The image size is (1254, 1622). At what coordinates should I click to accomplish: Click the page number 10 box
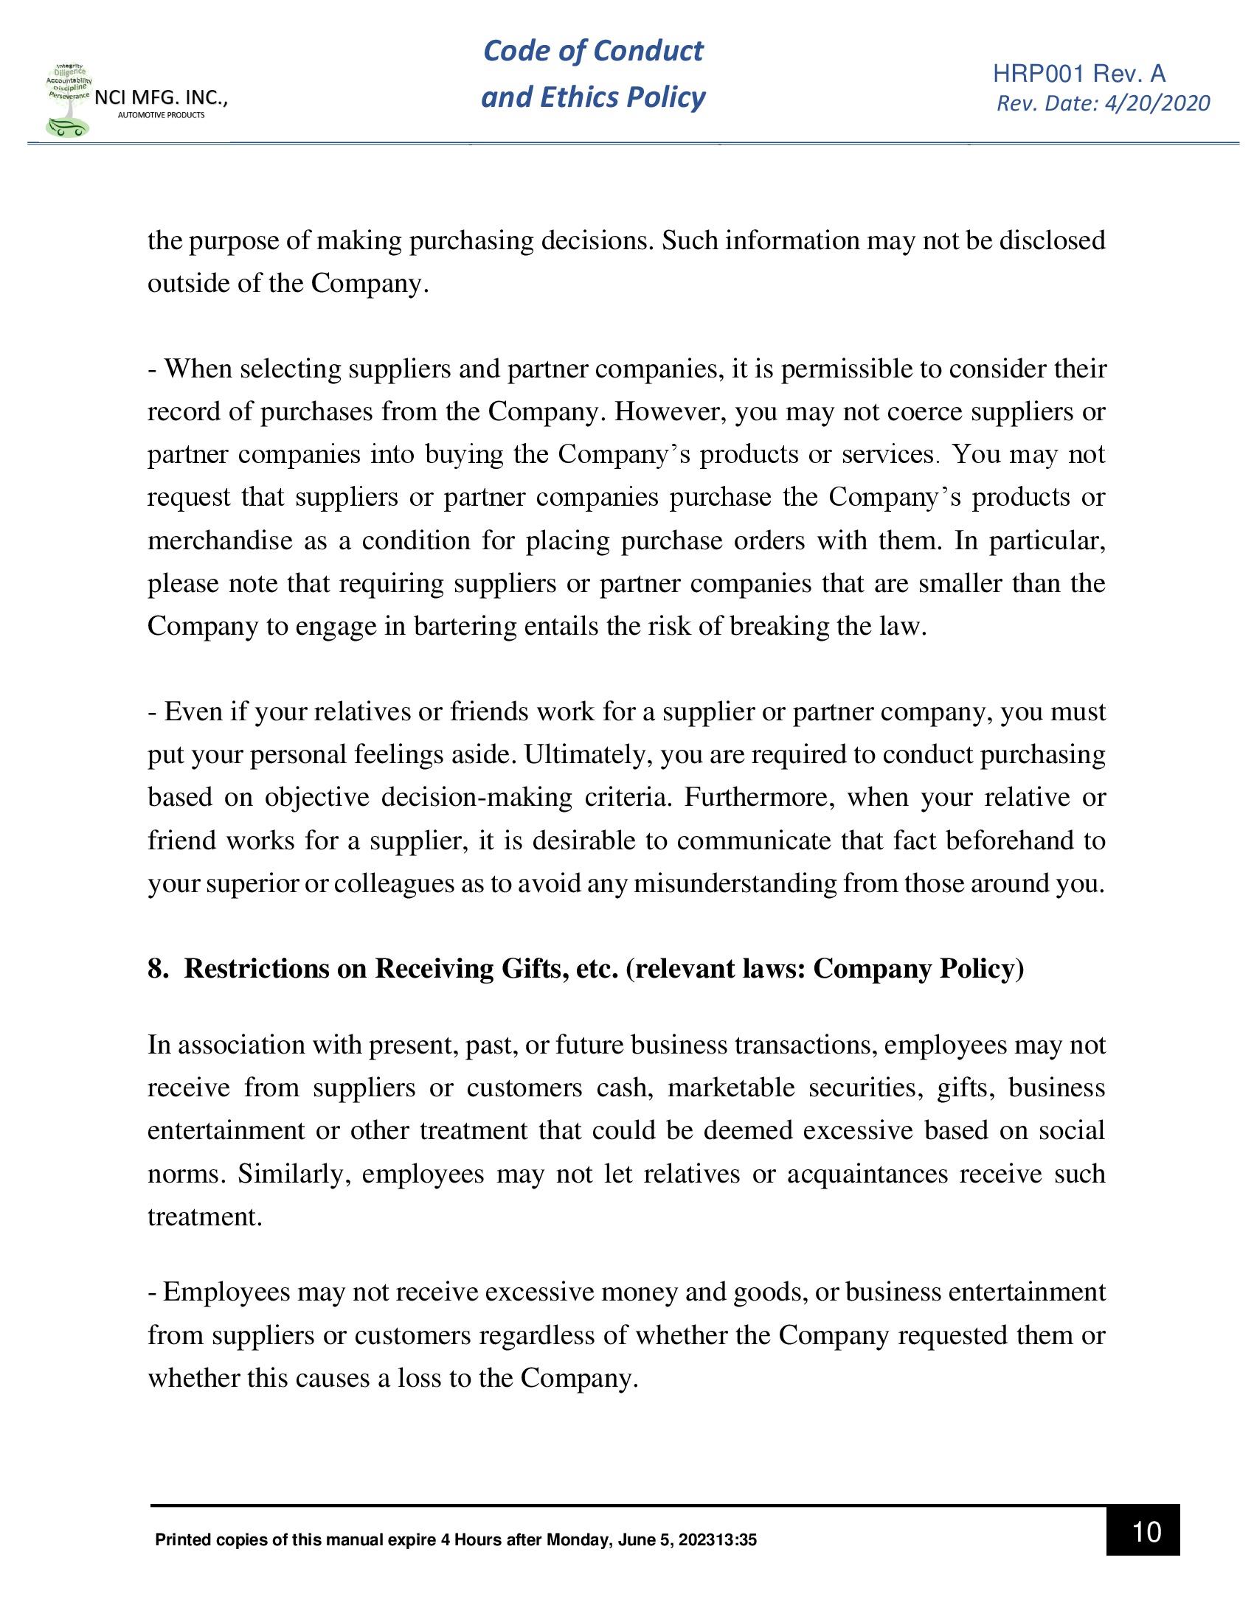click(x=1142, y=1531)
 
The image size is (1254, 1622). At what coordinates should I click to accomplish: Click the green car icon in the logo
click(x=67, y=128)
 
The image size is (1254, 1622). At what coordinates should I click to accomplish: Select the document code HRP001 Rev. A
click(x=1078, y=74)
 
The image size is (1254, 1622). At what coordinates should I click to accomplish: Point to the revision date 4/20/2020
click(x=1157, y=103)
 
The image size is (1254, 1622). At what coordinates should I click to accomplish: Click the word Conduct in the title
click(x=648, y=50)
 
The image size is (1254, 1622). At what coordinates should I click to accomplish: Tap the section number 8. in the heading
click(x=158, y=970)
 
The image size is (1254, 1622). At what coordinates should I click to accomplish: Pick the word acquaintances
click(x=867, y=1174)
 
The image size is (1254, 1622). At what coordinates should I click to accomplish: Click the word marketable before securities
click(x=731, y=1088)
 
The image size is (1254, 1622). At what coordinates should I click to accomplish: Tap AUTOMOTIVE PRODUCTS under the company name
click(x=162, y=115)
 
